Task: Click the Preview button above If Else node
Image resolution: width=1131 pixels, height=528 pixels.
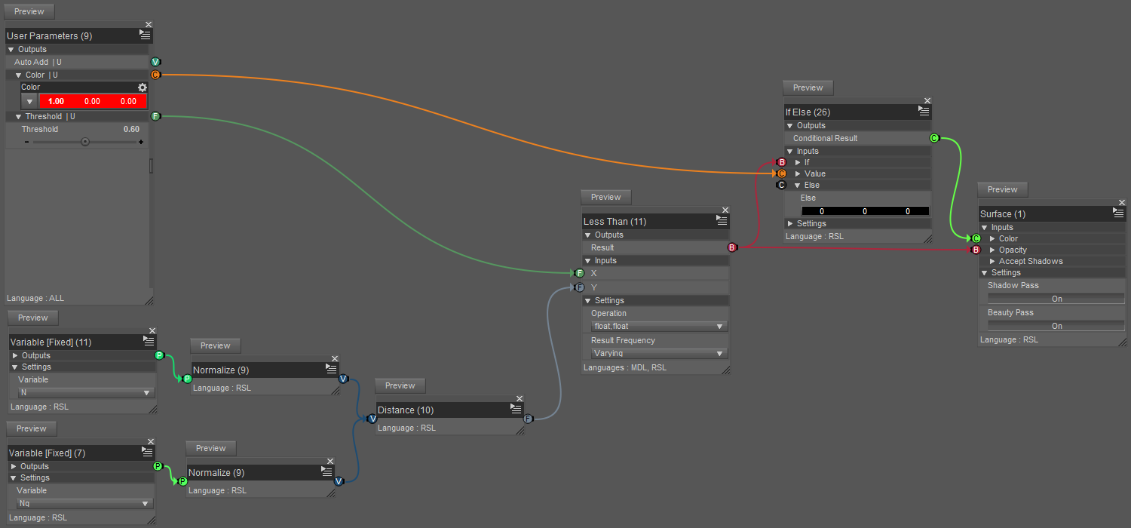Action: tap(808, 88)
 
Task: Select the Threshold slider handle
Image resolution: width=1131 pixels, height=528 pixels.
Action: tap(85, 141)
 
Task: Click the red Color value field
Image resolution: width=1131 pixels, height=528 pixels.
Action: tap(93, 101)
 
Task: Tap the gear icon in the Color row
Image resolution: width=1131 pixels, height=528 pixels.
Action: tap(142, 87)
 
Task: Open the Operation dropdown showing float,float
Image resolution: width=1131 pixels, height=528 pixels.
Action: tap(659, 327)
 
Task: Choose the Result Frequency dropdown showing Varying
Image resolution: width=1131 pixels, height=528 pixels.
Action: tap(659, 353)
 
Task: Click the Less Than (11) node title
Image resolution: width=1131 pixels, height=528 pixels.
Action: tap(615, 222)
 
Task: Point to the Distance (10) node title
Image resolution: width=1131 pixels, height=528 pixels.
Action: tap(406, 410)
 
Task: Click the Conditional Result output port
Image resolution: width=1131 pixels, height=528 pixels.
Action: tap(934, 138)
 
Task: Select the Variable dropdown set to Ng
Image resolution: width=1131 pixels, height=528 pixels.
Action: tap(85, 503)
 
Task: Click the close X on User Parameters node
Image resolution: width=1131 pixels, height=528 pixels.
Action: tap(149, 25)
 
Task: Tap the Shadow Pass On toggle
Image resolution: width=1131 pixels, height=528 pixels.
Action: tap(1056, 299)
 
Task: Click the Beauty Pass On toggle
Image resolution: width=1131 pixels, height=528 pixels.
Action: tap(1056, 326)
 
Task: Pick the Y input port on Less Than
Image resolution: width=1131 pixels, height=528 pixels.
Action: tap(579, 287)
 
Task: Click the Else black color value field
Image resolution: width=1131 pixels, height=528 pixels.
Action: tap(865, 211)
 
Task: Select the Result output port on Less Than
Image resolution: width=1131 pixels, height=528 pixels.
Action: tap(731, 247)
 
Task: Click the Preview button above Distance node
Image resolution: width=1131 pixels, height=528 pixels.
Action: tap(400, 386)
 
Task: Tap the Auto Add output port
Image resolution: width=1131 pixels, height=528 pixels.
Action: tap(155, 62)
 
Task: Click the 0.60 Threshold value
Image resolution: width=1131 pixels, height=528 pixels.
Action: tap(131, 129)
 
